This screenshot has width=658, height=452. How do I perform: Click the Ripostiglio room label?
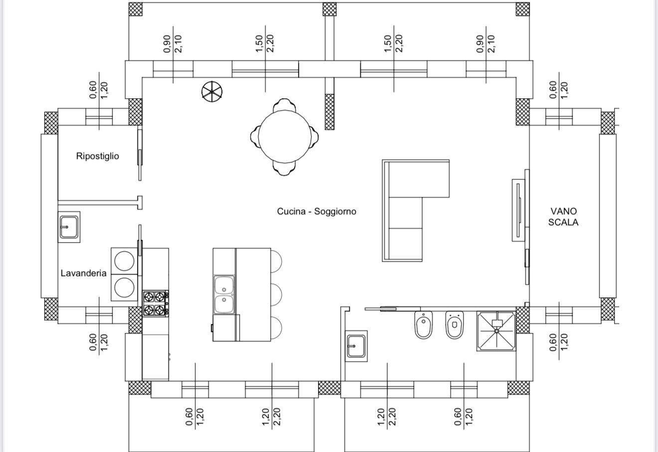[97, 156]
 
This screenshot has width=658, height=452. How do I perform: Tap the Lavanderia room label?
[83, 273]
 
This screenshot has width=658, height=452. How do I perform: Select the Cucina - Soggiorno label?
[317, 211]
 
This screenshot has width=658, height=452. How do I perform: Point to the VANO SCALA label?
[563, 217]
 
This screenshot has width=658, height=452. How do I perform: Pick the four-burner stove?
[155, 303]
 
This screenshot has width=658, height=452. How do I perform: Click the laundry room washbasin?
[69, 228]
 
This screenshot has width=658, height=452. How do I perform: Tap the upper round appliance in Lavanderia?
[124, 261]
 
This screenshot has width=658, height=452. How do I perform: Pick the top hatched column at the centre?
[329, 9]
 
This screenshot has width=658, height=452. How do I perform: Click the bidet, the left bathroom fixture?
[424, 325]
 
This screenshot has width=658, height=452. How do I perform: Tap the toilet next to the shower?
[454, 325]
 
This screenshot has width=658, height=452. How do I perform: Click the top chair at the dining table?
[284, 105]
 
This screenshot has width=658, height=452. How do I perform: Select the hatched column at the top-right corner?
[522, 9]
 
